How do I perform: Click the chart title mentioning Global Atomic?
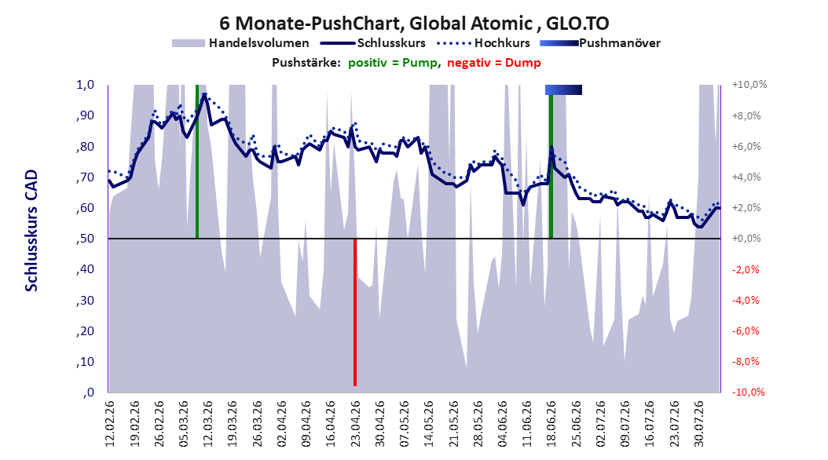(x=414, y=24)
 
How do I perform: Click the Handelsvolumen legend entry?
(x=241, y=43)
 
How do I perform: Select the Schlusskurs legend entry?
(x=373, y=43)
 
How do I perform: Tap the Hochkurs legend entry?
(x=484, y=43)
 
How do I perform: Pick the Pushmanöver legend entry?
(x=600, y=43)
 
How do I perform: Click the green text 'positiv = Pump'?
(x=393, y=63)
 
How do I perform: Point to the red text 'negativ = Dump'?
(x=494, y=63)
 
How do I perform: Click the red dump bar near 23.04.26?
(x=355, y=312)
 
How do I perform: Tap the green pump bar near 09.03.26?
(x=197, y=162)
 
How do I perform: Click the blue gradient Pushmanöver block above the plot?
(x=563, y=89)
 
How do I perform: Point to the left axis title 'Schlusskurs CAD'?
(x=31, y=231)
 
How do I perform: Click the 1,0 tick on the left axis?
(x=86, y=85)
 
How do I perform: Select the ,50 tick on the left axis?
(x=85, y=239)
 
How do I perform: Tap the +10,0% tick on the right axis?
(x=749, y=85)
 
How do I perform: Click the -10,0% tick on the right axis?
(x=748, y=392)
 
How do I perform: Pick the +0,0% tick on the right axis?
(x=746, y=239)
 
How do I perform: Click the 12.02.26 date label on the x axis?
(x=110, y=424)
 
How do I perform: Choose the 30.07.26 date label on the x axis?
(x=698, y=424)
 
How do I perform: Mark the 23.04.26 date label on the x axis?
(x=355, y=424)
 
